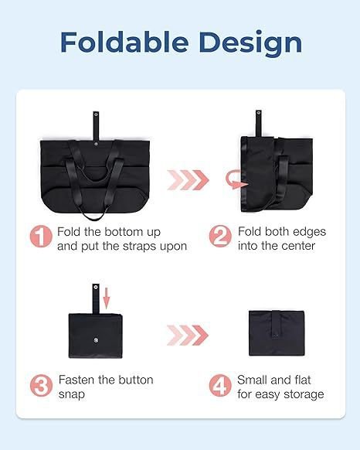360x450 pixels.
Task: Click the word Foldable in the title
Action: coord(124,42)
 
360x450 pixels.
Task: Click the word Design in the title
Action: coord(250,43)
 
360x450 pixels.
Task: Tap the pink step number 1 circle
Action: coord(41,236)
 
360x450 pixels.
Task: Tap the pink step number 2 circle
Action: coord(220,236)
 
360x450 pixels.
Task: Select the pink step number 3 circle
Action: coord(41,385)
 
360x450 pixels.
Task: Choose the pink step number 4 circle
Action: coord(220,385)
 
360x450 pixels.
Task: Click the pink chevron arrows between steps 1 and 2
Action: coord(188,180)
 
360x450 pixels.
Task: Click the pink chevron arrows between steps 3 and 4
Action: coord(188,336)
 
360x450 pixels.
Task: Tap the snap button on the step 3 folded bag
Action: coord(96,339)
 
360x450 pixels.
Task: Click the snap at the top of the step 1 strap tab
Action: coord(96,115)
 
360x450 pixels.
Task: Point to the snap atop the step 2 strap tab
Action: coord(259,114)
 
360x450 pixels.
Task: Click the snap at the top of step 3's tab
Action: coord(96,287)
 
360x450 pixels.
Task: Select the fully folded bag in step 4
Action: coord(277,333)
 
